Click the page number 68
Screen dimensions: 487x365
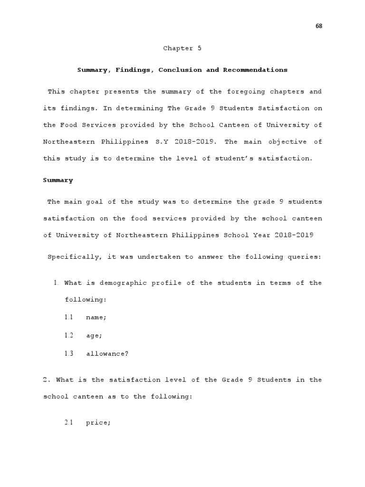pos(319,26)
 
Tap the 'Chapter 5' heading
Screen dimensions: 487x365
pos(179,49)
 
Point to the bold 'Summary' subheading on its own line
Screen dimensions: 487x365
pos(58,180)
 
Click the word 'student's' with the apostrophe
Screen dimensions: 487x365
pos(234,158)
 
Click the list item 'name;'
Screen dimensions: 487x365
pos(96,317)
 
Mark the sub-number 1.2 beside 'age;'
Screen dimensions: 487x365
pos(69,335)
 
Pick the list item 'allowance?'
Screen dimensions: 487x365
pos(107,354)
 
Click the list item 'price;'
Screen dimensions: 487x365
pos(98,423)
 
